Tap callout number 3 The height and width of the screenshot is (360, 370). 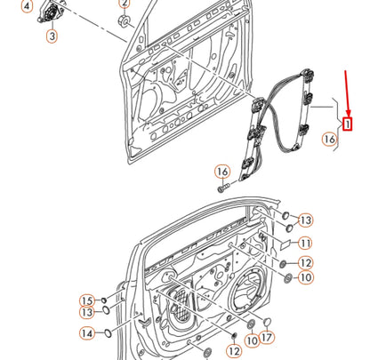pyautogui.click(x=51, y=36)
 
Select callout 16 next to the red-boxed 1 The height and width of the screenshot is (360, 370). pyautogui.click(x=329, y=139)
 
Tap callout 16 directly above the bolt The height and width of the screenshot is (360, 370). pyautogui.click(x=221, y=171)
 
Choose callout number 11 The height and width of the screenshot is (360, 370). pyautogui.click(x=305, y=243)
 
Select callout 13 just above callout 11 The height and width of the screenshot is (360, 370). pyautogui.click(x=305, y=220)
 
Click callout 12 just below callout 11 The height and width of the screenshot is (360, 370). pyautogui.click(x=305, y=262)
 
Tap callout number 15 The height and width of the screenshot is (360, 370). pyautogui.click(x=87, y=300)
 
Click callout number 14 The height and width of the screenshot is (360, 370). pyautogui.click(x=87, y=333)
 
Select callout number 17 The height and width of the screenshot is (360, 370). pyautogui.click(x=269, y=337)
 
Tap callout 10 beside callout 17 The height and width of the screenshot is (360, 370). pyautogui.click(x=252, y=339)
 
